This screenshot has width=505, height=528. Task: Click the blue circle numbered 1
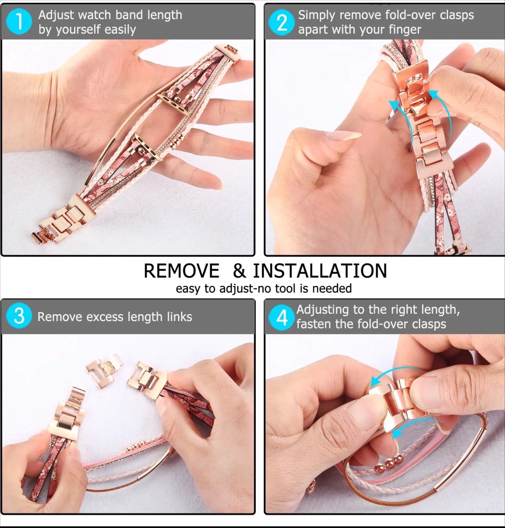(x=19, y=22)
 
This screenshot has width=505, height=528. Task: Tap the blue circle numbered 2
(x=281, y=22)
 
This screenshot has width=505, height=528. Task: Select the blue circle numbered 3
(x=19, y=316)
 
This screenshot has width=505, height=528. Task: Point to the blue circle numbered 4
(x=281, y=317)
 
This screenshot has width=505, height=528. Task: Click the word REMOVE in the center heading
(x=181, y=271)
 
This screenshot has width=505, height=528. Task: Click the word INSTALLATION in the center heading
(x=320, y=271)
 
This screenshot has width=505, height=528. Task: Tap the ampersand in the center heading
(x=239, y=271)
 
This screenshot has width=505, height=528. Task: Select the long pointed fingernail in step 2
(x=343, y=135)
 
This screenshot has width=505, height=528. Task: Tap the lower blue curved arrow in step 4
(x=415, y=429)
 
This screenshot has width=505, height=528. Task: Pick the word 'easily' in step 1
(x=120, y=30)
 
